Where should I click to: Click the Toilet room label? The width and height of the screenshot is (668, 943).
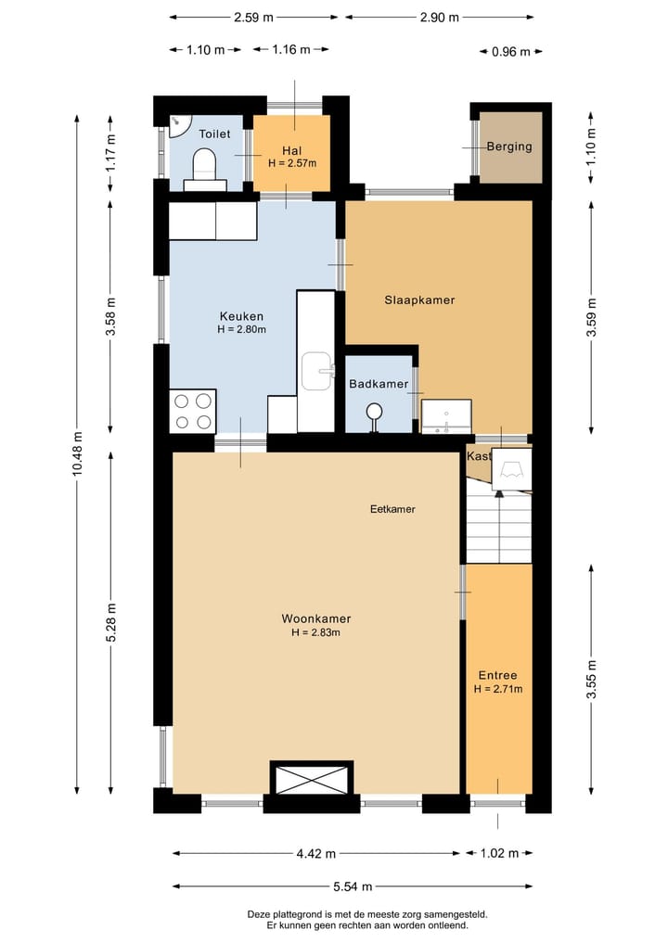coord(214,134)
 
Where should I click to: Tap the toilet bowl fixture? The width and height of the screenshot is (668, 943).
coord(205,165)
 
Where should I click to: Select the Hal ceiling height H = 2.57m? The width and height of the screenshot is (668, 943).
coord(292,163)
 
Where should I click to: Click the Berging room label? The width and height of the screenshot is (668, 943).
coord(509,147)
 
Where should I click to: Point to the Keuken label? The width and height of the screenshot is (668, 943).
coord(241,316)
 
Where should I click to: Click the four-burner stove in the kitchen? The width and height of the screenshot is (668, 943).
coord(193,412)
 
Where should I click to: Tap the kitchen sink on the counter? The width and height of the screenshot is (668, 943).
coord(317,371)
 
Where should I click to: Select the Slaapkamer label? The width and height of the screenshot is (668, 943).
coord(419,299)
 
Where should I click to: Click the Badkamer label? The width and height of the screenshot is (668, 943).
coord(379,383)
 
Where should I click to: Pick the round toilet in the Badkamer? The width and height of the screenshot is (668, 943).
coord(374,415)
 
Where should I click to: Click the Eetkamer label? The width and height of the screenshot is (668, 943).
coord(392,509)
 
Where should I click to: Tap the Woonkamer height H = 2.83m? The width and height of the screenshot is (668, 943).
coord(316,632)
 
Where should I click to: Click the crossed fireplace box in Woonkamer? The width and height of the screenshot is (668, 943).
coord(311,778)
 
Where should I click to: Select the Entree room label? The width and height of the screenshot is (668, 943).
coord(497,675)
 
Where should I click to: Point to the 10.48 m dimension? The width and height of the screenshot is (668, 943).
coord(77,454)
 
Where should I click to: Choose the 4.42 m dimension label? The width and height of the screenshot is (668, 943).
coord(316,853)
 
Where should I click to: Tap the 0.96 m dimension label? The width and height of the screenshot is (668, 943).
coord(511,52)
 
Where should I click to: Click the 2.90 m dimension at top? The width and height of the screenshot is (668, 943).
coord(440,18)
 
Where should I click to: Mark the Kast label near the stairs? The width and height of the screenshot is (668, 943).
coord(479,456)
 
